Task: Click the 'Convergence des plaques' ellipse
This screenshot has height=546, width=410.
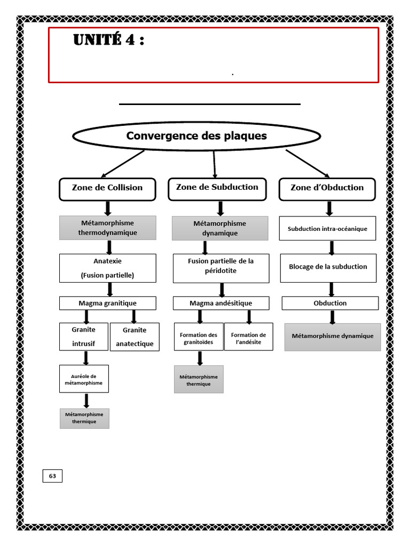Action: [x=196, y=136]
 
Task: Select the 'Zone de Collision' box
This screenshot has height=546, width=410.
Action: [x=107, y=189]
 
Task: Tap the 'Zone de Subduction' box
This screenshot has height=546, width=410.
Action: [x=217, y=189]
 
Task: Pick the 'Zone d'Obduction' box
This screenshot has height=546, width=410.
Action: [x=327, y=189]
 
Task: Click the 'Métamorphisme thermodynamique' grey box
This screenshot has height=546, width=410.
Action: [x=108, y=228]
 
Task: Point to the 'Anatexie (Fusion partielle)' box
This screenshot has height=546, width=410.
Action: [x=108, y=268]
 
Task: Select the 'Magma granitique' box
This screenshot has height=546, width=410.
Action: [x=108, y=303]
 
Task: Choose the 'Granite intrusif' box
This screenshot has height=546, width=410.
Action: [x=84, y=337]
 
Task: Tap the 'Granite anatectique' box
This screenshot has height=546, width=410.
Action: [x=135, y=337]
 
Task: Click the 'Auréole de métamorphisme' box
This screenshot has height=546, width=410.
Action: [x=84, y=379]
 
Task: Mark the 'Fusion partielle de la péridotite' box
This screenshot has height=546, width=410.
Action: [x=221, y=268]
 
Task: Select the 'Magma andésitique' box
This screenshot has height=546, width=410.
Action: [x=221, y=303]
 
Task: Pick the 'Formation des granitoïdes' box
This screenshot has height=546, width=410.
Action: [x=199, y=337]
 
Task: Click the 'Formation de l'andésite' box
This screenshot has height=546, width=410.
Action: [x=249, y=337]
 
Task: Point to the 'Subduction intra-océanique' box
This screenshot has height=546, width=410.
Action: [x=327, y=228]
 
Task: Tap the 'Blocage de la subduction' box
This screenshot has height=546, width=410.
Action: [x=328, y=268]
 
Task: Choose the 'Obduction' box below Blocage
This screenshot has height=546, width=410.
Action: [x=330, y=303]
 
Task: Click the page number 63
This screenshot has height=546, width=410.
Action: [x=52, y=476]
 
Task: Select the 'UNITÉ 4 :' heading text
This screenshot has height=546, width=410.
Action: [x=108, y=39]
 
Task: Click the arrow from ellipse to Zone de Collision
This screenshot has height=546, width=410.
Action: [x=123, y=164]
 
